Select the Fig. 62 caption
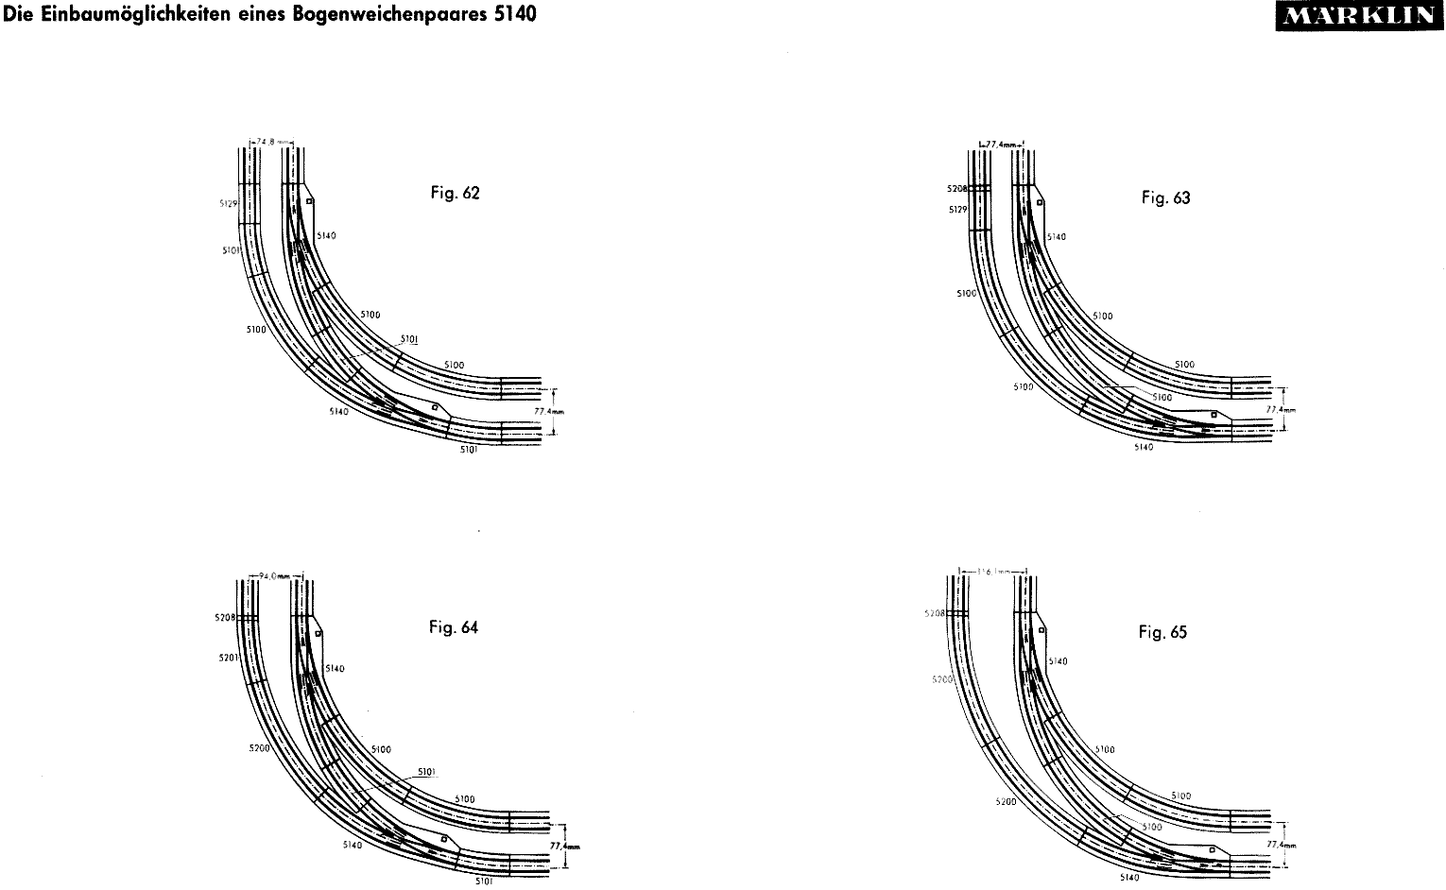point(455,194)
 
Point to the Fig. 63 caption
point(1165,197)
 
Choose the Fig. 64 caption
point(454,627)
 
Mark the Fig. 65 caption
point(1162,632)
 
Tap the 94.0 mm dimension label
point(274,575)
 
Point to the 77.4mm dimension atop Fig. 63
point(1000,144)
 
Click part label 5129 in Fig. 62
point(228,202)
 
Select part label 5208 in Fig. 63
point(956,189)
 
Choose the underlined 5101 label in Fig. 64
point(426,771)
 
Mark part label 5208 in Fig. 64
point(225,618)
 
